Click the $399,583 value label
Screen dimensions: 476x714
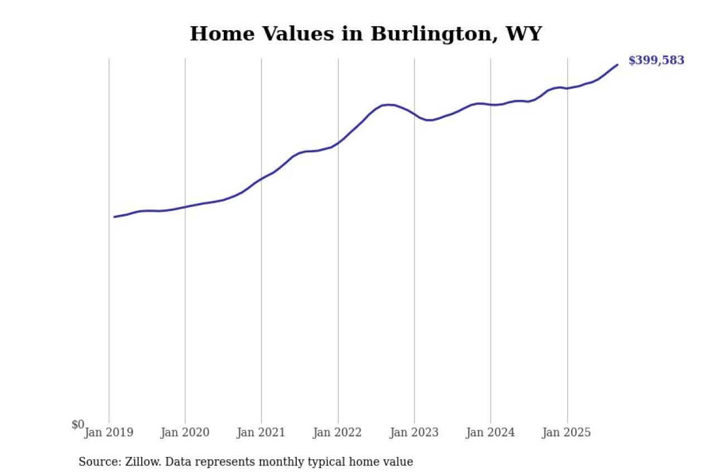[x=656, y=61]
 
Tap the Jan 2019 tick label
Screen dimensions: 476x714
[x=109, y=432]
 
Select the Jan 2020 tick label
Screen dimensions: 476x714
[x=185, y=432]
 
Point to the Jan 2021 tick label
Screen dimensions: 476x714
[x=260, y=432]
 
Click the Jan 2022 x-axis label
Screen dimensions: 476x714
[x=337, y=432]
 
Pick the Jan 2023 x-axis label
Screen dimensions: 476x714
[x=414, y=432]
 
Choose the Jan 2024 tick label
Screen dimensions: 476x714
[x=490, y=432]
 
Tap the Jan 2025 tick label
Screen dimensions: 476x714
[x=567, y=432]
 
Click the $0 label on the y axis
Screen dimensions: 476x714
[x=78, y=425]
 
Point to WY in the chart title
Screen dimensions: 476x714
[x=523, y=34]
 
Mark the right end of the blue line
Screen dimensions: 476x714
[x=617, y=65]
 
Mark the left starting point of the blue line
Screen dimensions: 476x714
[x=114, y=217]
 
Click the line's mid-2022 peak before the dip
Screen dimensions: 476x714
[x=388, y=104]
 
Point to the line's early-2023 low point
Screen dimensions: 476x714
[x=429, y=120]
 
